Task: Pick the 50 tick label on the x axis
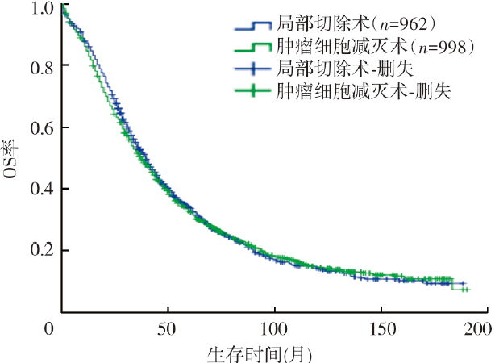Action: [168, 328]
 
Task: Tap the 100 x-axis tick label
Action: [274, 328]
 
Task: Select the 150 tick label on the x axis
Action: [379, 328]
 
